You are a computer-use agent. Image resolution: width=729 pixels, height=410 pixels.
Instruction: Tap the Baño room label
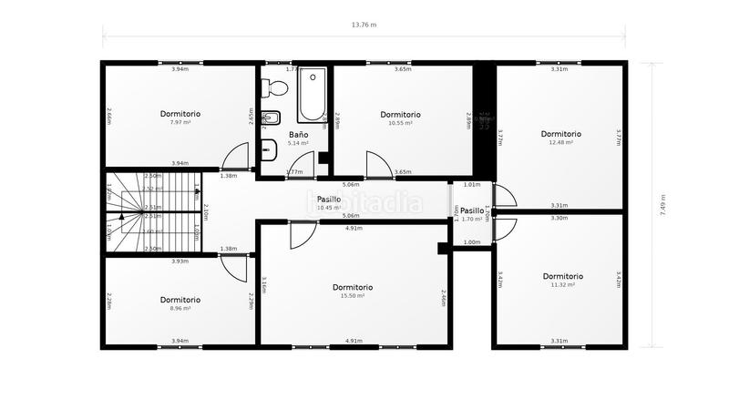pyautogui.click(x=299, y=134)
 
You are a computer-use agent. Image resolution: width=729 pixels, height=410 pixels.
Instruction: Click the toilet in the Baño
pyautogui.click(x=274, y=88)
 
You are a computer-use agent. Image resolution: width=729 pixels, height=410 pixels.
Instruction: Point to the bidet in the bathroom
pyautogui.click(x=271, y=118)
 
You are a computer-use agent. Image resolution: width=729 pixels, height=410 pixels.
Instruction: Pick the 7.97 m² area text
pyautogui.click(x=180, y=122)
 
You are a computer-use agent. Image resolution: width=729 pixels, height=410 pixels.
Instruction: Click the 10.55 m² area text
pyautogui.click(x=400, y=123)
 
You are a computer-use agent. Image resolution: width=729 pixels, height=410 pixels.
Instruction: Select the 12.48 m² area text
pyautogui.click(x=560, y=142)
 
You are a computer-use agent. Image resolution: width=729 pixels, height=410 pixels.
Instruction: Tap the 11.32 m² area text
pyautogui.click(x=562, y=285)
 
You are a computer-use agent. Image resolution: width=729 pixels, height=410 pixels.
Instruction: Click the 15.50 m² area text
pyautogui.click(x=352, y=296)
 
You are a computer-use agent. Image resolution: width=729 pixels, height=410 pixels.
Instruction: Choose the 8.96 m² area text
pyautogui.click(x=180, y=308)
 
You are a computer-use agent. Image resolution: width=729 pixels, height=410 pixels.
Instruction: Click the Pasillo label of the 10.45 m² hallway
pyautogui.click(x=328, y=199)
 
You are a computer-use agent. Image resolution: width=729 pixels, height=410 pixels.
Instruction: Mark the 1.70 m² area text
pyautogui.click(x=471, y=220)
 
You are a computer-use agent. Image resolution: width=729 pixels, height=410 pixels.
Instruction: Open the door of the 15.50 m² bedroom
pyautogui.click(x=298, y=236)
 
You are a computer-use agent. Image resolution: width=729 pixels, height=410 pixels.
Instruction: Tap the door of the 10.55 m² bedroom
pyautogui.click(x=376, y=164)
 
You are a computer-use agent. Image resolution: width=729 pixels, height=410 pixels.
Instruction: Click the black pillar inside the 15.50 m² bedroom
pyautogui.click(x=443, y=248)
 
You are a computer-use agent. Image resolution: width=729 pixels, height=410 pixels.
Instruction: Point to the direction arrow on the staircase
pyautogui.click(x=121, y=217)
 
